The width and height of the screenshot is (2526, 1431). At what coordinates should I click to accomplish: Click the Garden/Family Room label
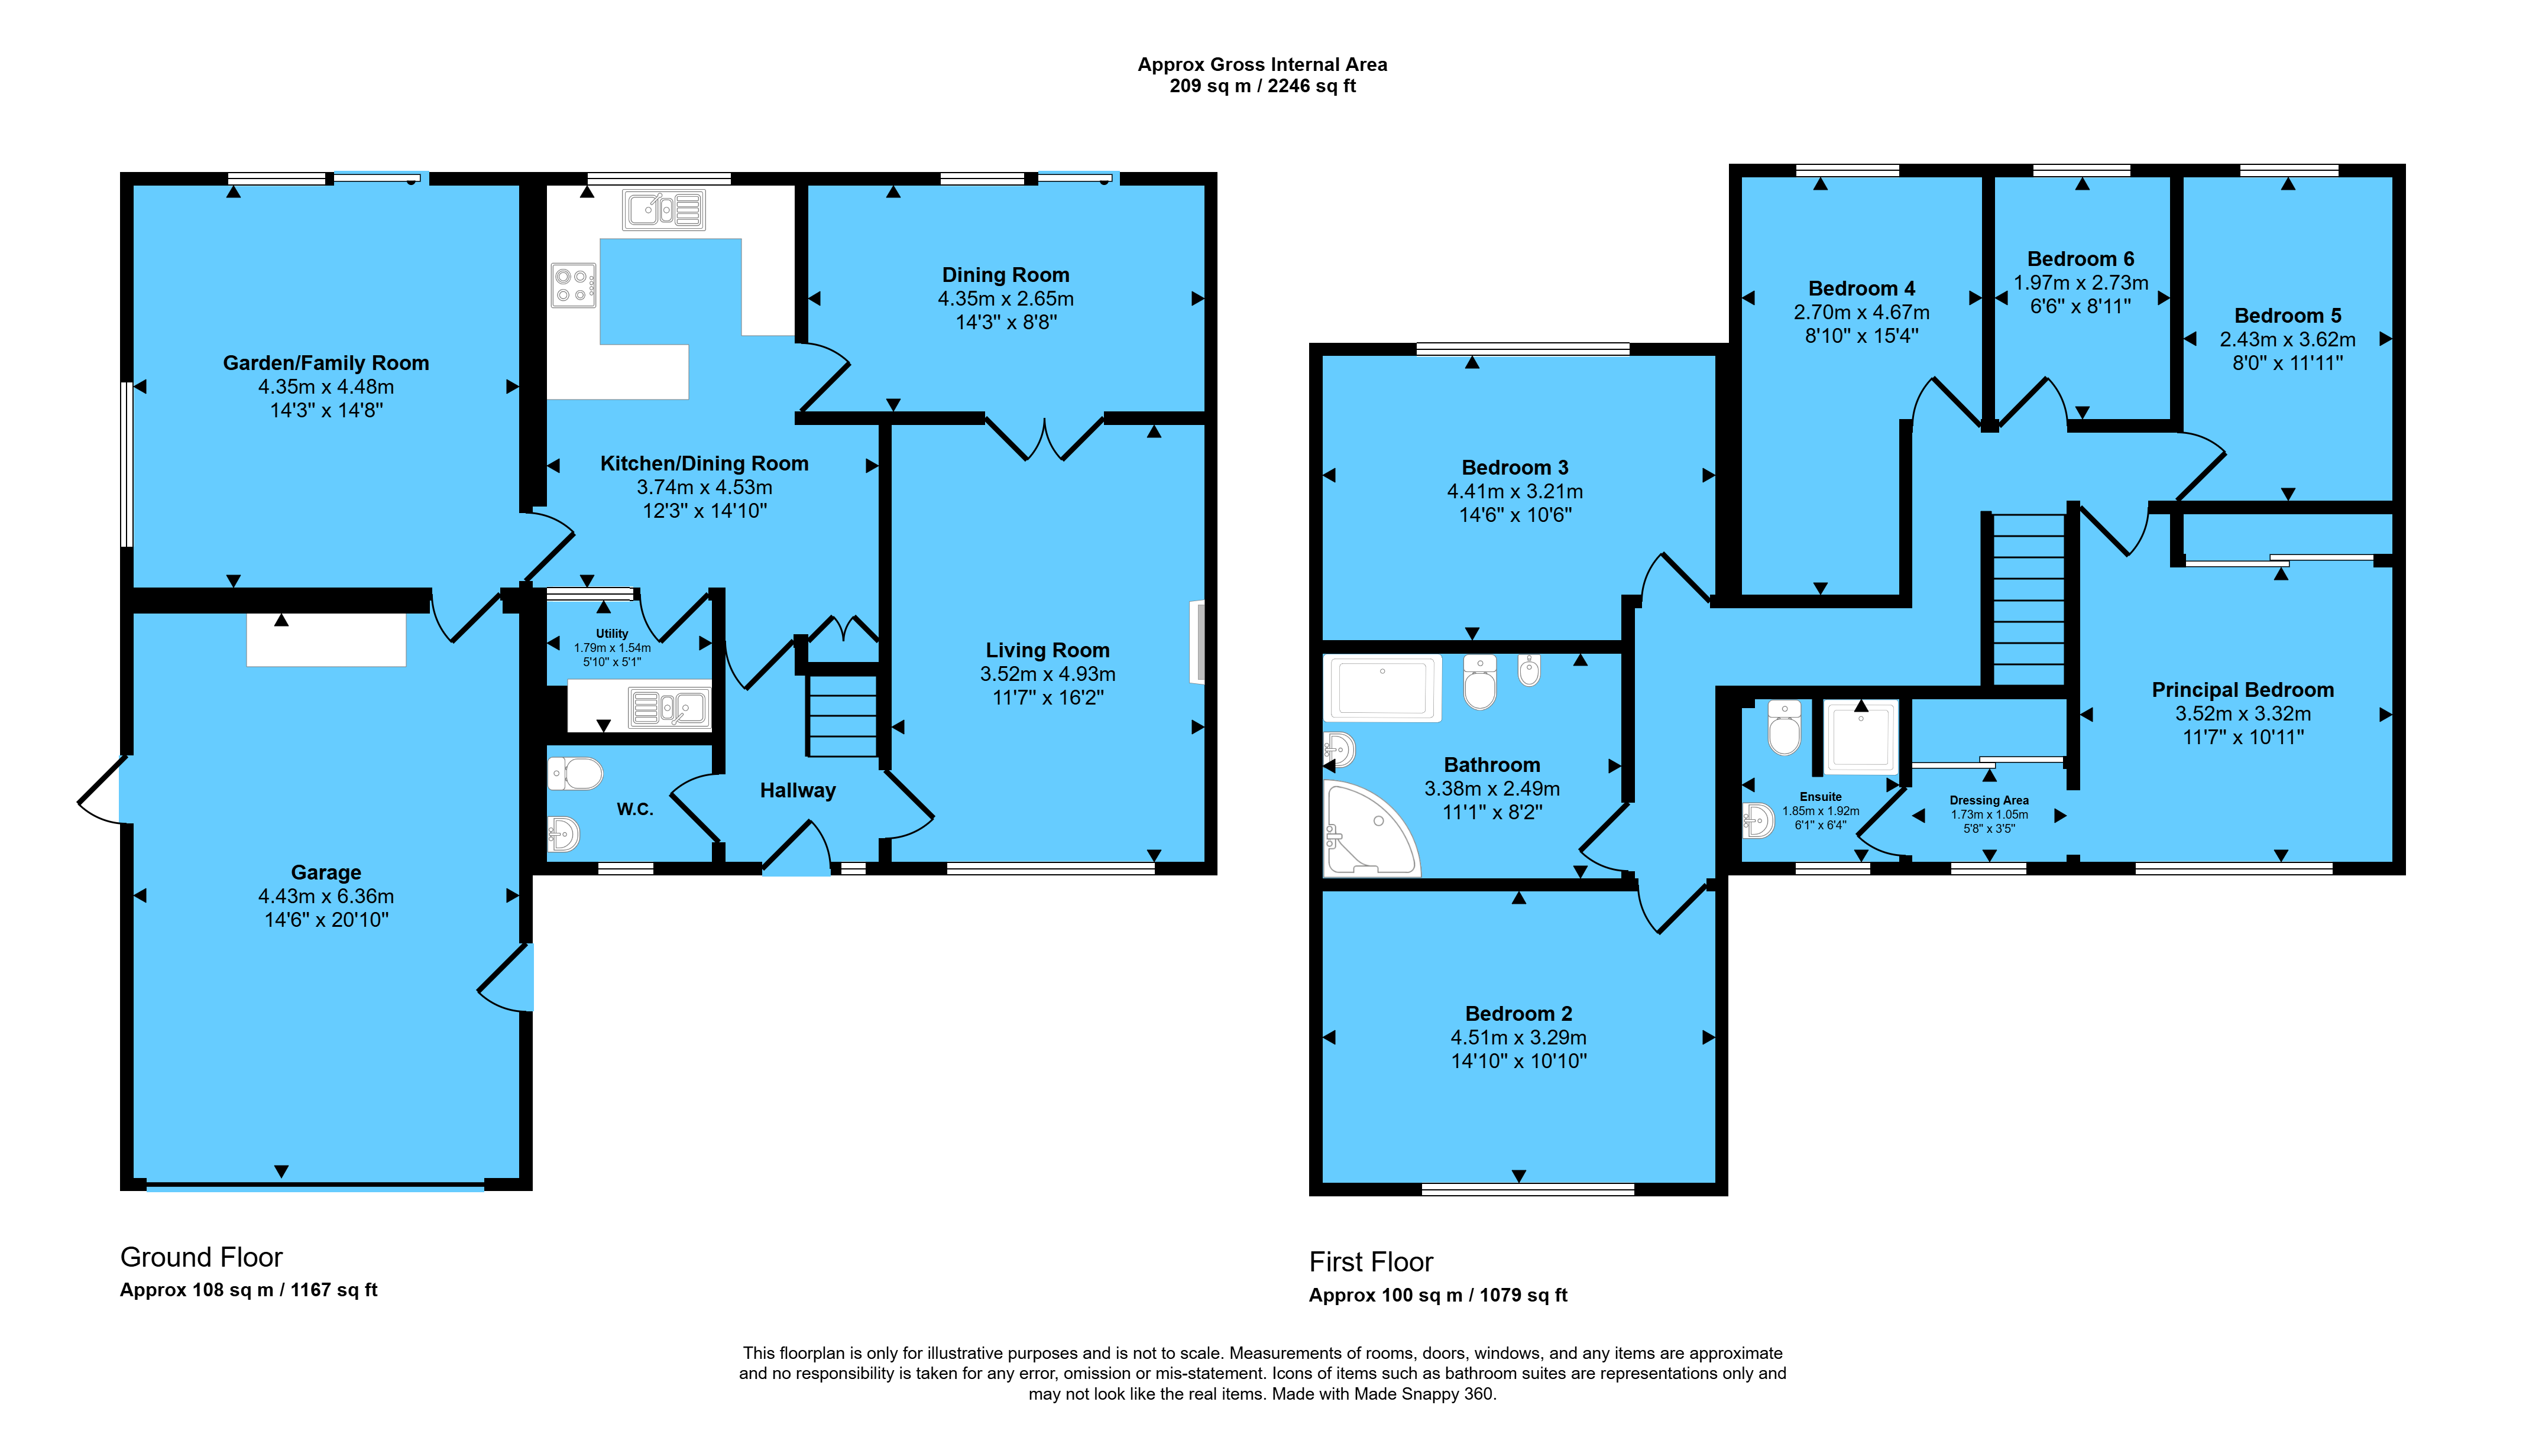click(x=325, y=363)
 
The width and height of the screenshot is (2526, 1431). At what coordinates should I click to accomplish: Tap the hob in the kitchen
click(x=573, y=285)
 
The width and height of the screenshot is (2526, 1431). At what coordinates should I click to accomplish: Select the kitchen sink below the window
click(x=665, y=209)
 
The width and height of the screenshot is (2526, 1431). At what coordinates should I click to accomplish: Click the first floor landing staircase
click(x=2028, y=599)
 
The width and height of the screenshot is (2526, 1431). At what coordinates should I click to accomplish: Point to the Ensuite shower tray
click(x=1861, y=736)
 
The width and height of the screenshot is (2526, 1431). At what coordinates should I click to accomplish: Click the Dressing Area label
click(x=1989, y=800)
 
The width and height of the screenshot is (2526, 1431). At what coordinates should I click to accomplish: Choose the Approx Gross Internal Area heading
click(x=1262, y=65)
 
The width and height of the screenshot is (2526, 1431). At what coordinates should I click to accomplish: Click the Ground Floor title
click(x=202, y=1257)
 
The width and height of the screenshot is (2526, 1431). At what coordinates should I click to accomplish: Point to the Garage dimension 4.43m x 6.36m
click(x=326, y=896)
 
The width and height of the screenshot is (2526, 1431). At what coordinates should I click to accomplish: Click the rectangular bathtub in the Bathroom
click(x=1382, y=688)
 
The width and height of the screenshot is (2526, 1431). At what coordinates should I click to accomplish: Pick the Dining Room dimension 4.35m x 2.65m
click(x=1005, y=298)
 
